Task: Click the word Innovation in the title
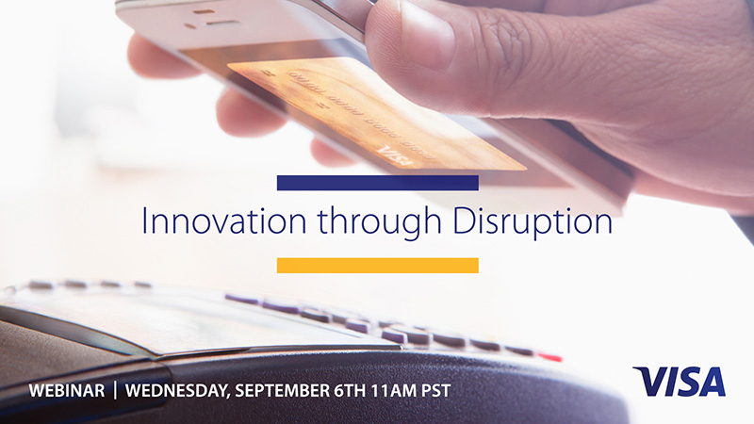pyautogui.click(x=224, y=221)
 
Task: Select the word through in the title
pyautogui.click(x=380, y=223)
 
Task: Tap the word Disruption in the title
pyautogui.click(x=533, y=222)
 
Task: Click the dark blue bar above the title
pyautogui.click(x=378, y=183)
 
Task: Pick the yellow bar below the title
pyautogui.click(x=378, y=266)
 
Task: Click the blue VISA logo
pyautogui.click(x=679, y=382)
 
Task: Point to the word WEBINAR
pyautogui.click(x=67, y=390)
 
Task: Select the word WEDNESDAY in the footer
pyautogui.click(x=177, y=391)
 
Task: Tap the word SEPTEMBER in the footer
pyautogui.click(x=282, y=390)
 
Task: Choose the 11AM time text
pyautogui.click(x=394, y=390)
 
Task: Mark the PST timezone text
pyautogui.click(x=436, y=390)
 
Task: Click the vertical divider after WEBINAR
pyautogui.click(x=115, y=390)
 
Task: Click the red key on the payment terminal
pyautogui.click(x=550, y=357)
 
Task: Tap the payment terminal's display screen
pyautogui.click(x=192, y=323)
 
